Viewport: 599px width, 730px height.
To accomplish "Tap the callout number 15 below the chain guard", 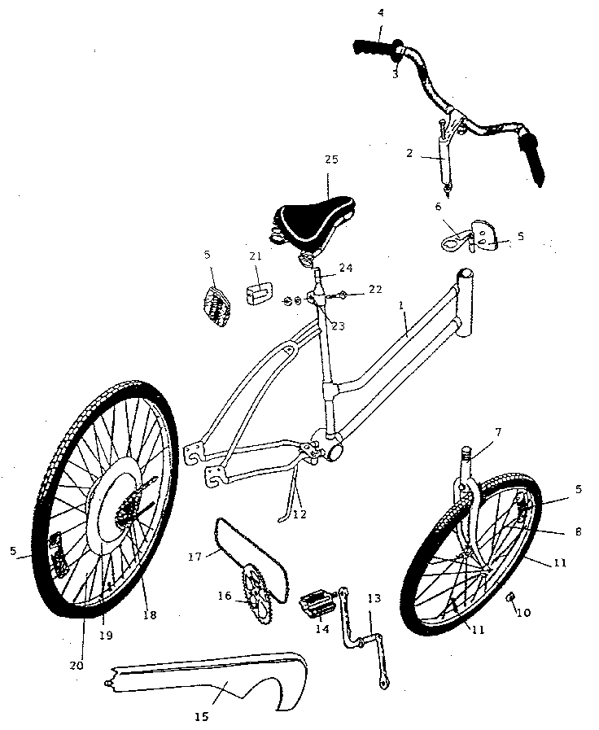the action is (x=201, y=716).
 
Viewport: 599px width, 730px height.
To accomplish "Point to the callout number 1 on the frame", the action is (x=400, y=305).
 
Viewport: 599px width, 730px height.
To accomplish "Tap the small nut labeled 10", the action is (x=510, y=597).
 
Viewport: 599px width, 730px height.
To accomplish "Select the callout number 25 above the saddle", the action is (x=331, y=160).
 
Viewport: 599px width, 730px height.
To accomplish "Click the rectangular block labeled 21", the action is (x=260, y=292).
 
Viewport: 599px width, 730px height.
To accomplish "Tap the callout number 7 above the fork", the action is (x=498, y=432).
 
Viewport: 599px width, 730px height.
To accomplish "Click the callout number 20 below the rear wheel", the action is (x=77, y=666).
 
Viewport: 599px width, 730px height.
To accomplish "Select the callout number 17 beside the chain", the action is (x=195, y=556).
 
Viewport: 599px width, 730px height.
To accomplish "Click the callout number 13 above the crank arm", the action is (x=374, y=598).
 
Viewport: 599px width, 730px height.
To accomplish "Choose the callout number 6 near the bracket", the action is (x=438, y=206).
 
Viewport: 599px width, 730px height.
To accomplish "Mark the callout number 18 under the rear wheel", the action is (x=150, y=614).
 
